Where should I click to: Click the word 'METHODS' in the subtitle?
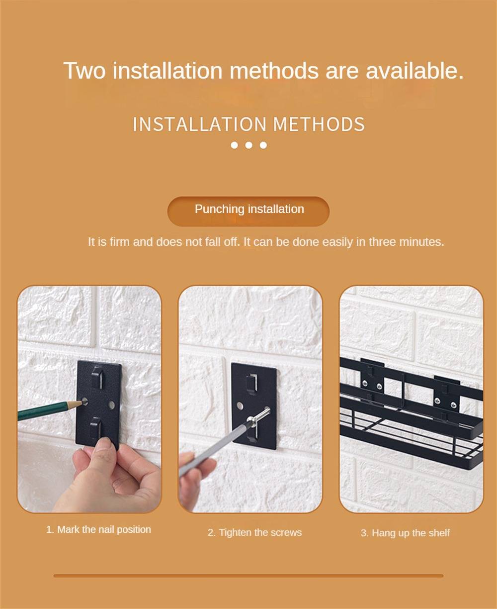(319, 124)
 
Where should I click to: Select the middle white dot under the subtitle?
(248, 145)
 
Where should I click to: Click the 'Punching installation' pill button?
(248, 211)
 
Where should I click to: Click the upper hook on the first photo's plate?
(97, 376)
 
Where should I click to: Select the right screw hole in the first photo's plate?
(112, 405)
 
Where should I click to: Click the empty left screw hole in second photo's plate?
(240, 406)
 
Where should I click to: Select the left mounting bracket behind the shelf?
(372, 378)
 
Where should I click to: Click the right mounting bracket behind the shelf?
(447, 394)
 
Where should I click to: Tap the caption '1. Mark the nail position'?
(98, 529)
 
